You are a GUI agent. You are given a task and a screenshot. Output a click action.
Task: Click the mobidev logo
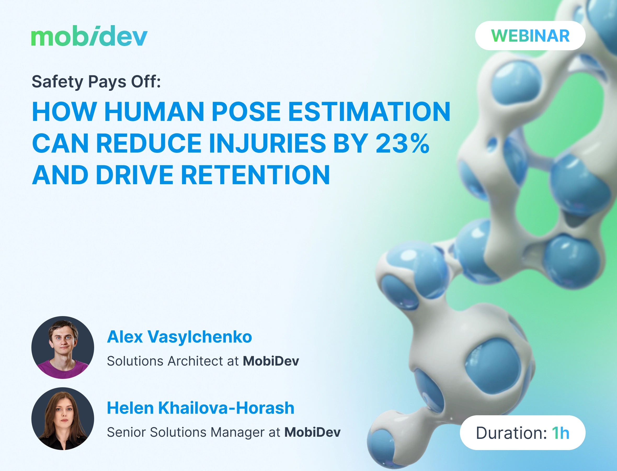click(x=89, y=36)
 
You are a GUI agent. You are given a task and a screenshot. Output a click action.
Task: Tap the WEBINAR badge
click(x=530, y=36)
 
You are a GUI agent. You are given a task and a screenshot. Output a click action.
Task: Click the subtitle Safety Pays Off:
click(x=96, y=82)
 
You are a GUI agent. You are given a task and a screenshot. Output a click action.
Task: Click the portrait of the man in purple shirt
click(x=63, y=347)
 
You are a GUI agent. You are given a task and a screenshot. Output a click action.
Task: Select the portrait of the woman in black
click(x=63, y=419)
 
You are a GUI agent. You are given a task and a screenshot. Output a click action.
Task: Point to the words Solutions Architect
click(x=165, y=361)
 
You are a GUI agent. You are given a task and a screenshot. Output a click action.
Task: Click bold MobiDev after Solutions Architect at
click(x=271, y=361)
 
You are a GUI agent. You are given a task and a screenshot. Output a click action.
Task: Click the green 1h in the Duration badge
click(x=561, y=433)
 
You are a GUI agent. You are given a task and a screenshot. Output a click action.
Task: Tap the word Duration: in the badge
click(x=511, y=433)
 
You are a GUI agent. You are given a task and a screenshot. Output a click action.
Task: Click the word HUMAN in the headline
click(x=154, y=112)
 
